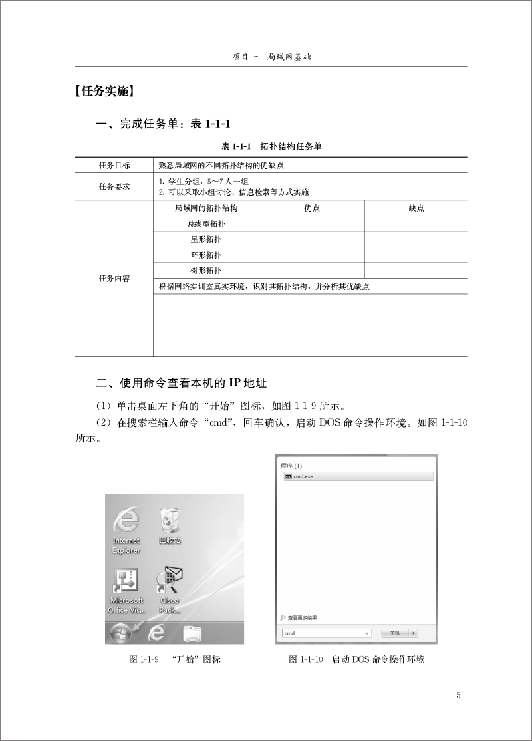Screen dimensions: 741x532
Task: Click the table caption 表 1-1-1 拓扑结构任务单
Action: [x=271, y=146]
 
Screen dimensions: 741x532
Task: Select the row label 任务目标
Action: [x=114, y=166]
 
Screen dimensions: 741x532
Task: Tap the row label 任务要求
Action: [x=114, y=187]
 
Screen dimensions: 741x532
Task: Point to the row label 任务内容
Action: [x=114, y=279]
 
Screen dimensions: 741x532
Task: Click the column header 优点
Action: [x=312, y=208]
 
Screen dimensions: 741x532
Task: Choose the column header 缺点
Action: [x=416, y=208]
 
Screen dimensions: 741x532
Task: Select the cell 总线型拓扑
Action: [x=206, y=224]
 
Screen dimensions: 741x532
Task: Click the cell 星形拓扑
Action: [x=206, y=239]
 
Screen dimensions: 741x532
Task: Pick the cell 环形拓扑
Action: [x=206, y=255]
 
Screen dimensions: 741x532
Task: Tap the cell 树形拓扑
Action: [x=206, y=271]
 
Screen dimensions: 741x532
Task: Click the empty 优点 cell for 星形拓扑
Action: [x=312, y=239]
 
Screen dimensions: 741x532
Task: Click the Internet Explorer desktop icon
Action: [x=126, y=522]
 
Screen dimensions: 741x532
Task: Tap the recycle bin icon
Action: [x=170, y=522]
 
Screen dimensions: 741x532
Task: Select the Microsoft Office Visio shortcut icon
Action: [x=126, y=583]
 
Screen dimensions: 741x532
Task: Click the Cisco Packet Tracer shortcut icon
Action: [x=170, y=583]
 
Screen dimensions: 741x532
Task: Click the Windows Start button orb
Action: [x=120, y=633]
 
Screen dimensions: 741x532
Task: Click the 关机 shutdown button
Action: [x=395, y=633]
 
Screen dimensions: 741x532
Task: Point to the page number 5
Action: [x=458, y=696]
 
